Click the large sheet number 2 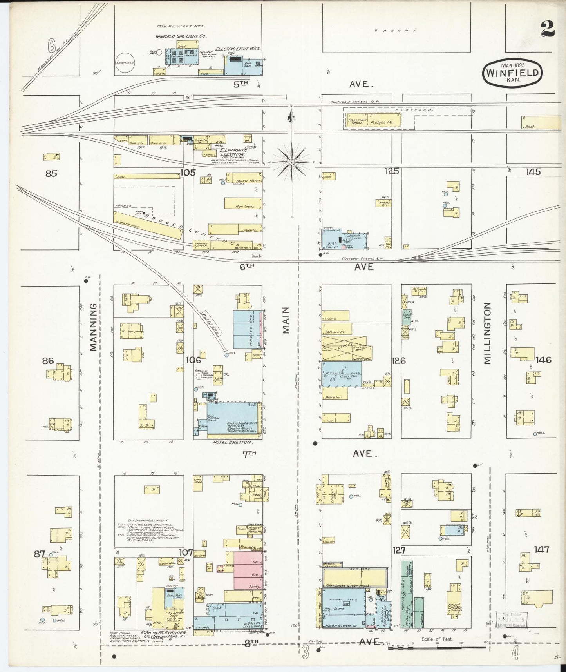pyautogui.click(x=547, y=29)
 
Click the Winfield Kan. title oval pyautogui.click(x=513, y=73)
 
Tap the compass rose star pyautogui.click(x=292, y=161)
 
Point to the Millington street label pyautogui.click(x=487, y=333)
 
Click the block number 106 pyautogui.click(x=193, y=360)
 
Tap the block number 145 pyautogui.click(x=533, y=171)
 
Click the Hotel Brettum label pyautogui.click(x=232, y=442)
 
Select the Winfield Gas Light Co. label pyautogui.click(x=181, y=36)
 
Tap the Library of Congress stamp pyautogui.click(x=512, y=627)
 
